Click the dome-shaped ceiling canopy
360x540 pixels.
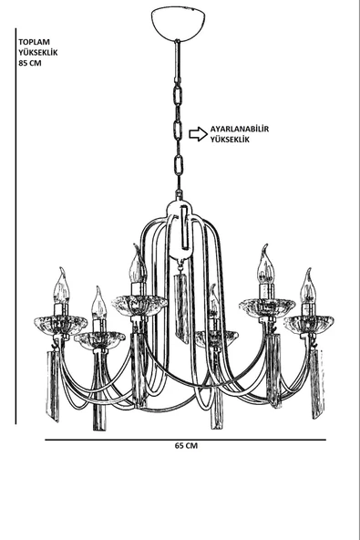[179, 24]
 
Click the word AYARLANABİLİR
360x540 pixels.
[240, 130]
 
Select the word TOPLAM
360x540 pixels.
[34, 42]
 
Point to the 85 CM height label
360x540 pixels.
[30, 63]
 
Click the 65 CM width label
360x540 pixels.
[186, 446]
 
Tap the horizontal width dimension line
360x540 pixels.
[185, 440]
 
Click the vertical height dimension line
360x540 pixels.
[15, 226]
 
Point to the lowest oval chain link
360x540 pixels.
[179, 166]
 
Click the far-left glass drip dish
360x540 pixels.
[60, 325]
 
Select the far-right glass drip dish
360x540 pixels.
[309, 325]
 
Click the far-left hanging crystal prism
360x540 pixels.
[53, 385]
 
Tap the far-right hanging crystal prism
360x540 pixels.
[316, 384]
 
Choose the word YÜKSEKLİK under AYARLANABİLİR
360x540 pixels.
[230, 140]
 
